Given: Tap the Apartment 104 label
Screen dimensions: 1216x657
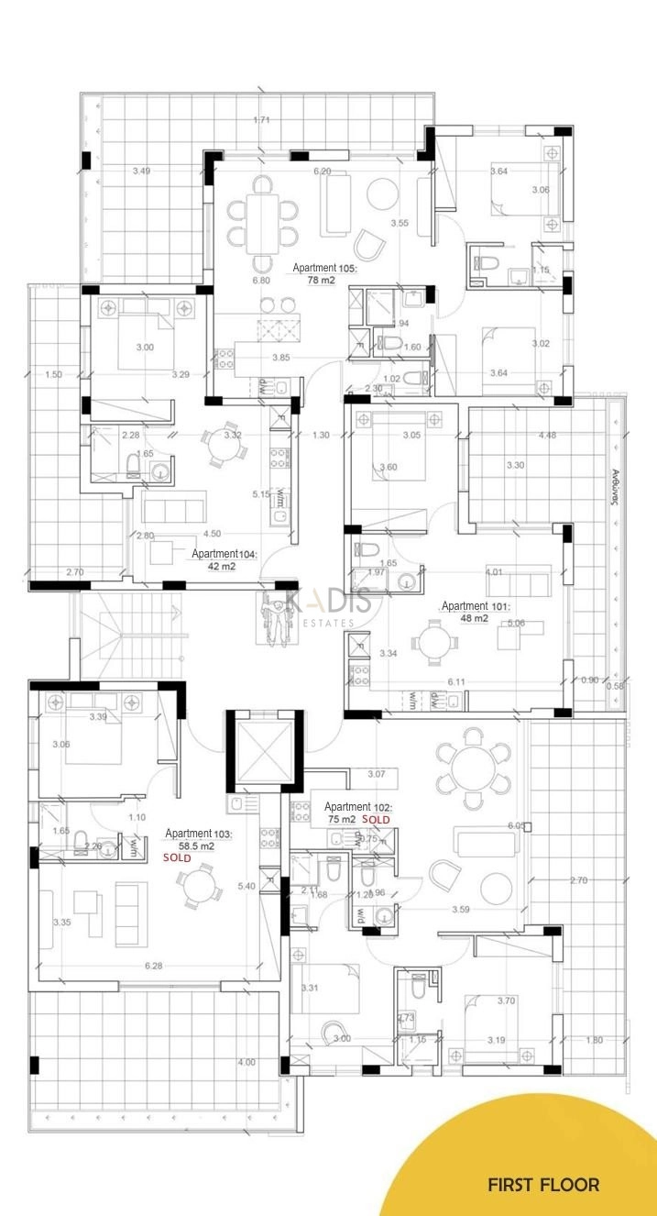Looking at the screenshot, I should [x=224, y=555].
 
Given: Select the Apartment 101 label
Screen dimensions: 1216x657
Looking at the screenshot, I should [x=476, y=606].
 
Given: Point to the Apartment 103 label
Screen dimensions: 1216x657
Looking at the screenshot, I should [x=199, y=834].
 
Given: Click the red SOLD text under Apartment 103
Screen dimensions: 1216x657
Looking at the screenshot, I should [x=177, y=858].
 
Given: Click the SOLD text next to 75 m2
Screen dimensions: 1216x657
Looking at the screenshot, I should [x=376, y=819].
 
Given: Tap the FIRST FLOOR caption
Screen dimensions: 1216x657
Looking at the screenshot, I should [x=543, y=1185].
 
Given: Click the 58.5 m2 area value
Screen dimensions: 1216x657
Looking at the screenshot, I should [x=196, y=846].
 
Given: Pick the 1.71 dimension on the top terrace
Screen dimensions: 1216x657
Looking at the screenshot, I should [x=262, y=120].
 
